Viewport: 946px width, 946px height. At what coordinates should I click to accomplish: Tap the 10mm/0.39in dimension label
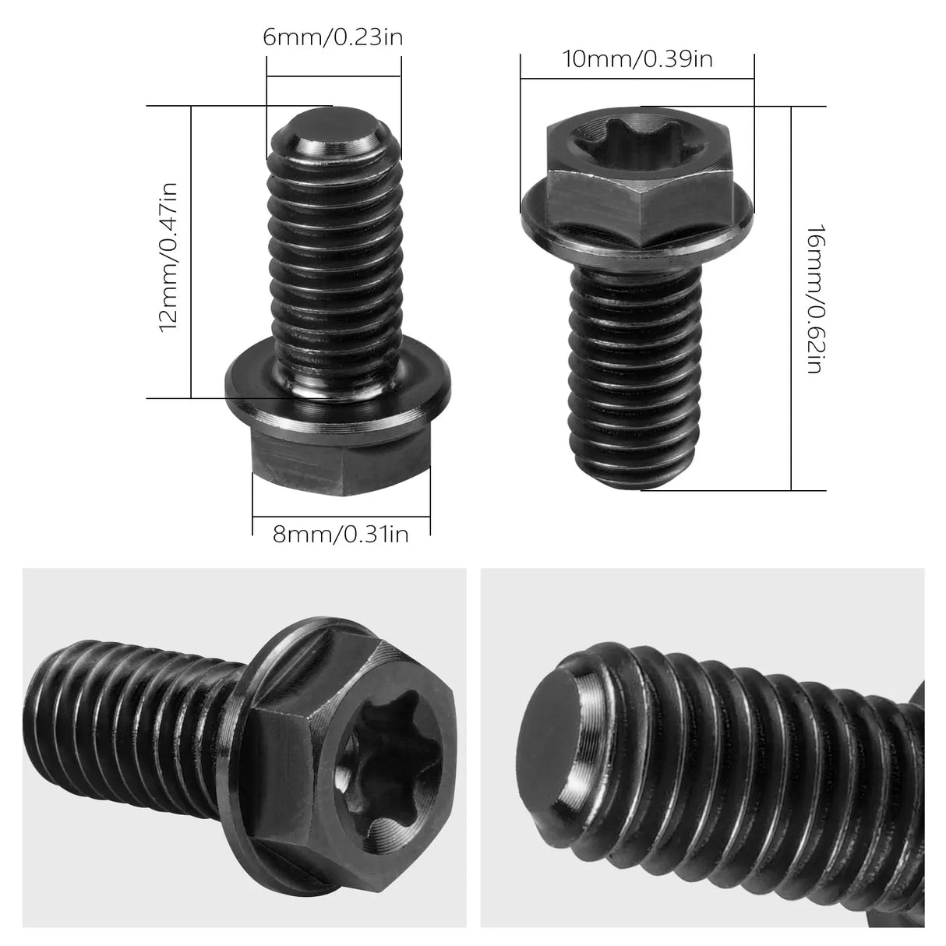[x=637, y=58]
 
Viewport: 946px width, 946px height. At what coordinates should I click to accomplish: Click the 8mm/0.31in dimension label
[x=341, y=535]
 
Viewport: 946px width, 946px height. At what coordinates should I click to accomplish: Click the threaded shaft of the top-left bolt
[x=337, y=257]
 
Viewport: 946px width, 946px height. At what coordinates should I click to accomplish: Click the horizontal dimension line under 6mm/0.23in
[x=334, y=76]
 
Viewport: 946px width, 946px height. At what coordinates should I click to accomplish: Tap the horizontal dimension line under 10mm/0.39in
[x=637, y=78]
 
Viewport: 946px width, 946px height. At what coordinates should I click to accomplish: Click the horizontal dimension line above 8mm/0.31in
[x=341, y=515]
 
